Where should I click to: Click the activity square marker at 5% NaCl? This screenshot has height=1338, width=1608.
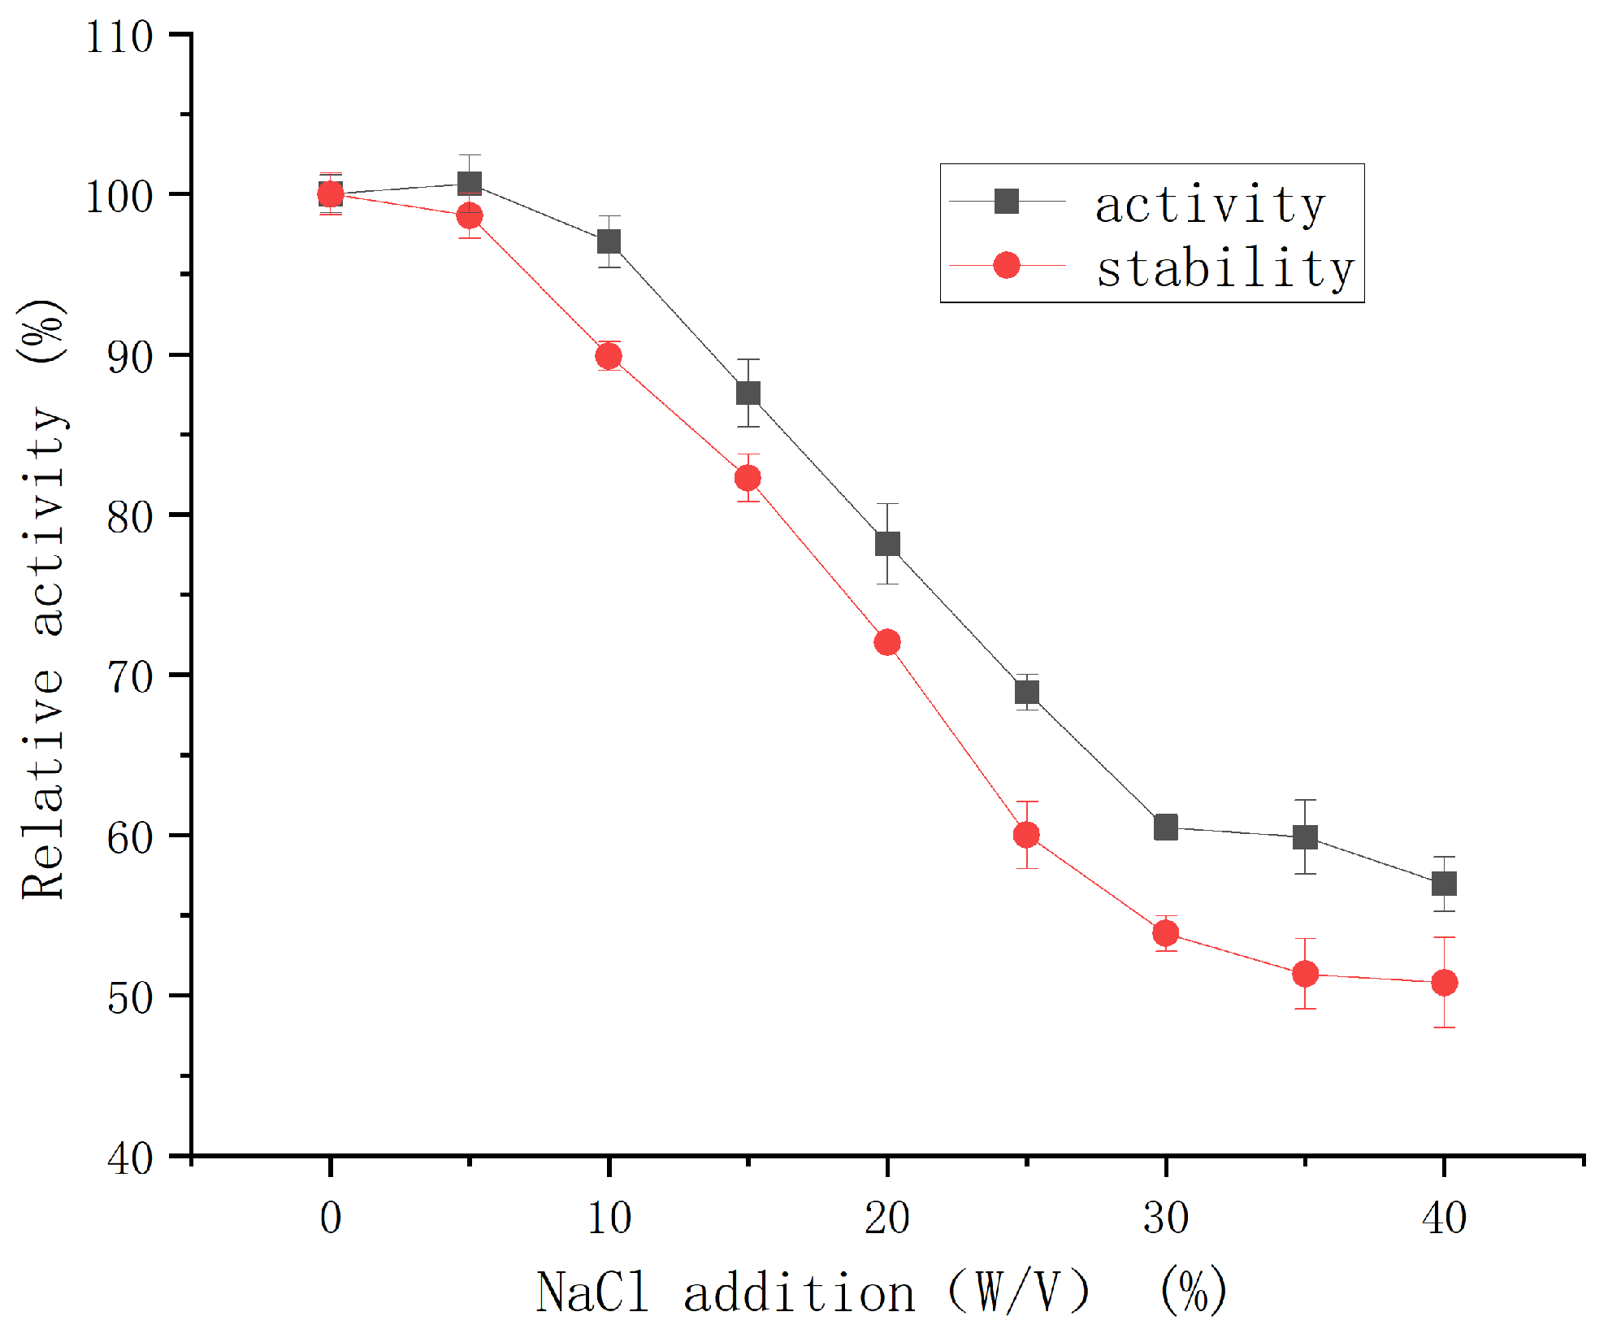pyautogui.click(x=470, y=183)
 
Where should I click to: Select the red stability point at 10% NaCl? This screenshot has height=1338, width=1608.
pyautogui.click(x=609, y=356)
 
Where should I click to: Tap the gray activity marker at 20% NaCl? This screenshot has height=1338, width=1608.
pyautogui.click(x=887, y=544)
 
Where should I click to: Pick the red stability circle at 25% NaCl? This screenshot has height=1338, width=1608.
pyautogui.click(x=1026, y=835)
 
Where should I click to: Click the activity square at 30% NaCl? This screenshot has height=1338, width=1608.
pyautogui.click(x=1166, y=828)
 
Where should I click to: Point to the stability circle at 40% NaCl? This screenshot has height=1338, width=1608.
pyautogui.click(x=1444, y=983)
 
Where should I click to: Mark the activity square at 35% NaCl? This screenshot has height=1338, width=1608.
pyautogui.click(x=1305, y=837)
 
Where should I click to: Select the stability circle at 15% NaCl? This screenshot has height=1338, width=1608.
pyautogui.click(x=748, y=478)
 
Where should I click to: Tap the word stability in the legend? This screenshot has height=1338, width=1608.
pyautogui.click(x=1224, y=269)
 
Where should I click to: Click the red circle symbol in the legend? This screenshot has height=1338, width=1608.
pyautogui.click(x=1007, y=265)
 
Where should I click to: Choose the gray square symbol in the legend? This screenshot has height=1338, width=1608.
pyautogui.click(x=1007, y=201)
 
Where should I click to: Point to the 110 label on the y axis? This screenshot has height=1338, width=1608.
pyautogui.click(x=119, y=37)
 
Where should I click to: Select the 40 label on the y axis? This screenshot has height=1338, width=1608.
pyautogui.click(x=130, y=1158)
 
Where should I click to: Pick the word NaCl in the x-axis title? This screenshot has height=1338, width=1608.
pyautogui.click(x=592, y=1292)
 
